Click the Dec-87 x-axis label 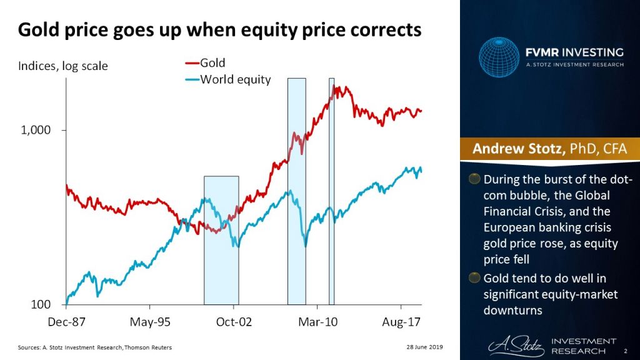(66, 323)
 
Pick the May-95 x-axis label (150, 323)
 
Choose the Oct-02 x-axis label (234, 323)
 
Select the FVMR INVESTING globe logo (499, 57)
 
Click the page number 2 (626, 352)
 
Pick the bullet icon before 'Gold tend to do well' (476, 278)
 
